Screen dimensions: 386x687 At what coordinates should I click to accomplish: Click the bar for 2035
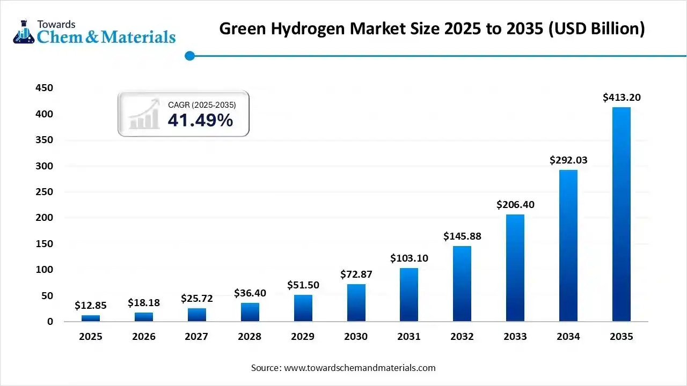(x=622, y=214)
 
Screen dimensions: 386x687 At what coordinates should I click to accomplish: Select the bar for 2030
(x=356, y=303)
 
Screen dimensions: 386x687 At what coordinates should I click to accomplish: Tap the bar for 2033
(x=515, y=268)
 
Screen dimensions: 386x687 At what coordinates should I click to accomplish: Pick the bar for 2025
(x=91, y=318)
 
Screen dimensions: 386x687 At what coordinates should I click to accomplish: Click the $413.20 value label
(x=622, y=98)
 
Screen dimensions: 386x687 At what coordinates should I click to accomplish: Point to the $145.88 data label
(x=462, y=236)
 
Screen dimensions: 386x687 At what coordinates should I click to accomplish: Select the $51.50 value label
(x=303, y=285)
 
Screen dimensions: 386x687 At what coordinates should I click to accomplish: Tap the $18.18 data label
(x=144, y=303)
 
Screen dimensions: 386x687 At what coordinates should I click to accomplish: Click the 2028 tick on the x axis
(x=250, y=337)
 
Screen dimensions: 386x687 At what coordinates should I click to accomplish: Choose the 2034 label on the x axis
(x=568, y=337)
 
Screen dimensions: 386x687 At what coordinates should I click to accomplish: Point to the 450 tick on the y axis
(x=43, y=88)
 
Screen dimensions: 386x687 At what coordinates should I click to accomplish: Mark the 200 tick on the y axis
(x=43, y=218)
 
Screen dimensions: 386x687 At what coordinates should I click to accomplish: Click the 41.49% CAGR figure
(x=200, y=121)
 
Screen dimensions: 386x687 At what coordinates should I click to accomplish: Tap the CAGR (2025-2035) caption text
(x=202, y=105)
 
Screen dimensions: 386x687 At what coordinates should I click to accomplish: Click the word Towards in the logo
(x=56, y=24)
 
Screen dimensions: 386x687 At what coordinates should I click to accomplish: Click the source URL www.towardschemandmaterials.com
(x=360, y=368)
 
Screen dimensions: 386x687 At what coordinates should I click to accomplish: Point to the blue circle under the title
(x=189, y=56)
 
